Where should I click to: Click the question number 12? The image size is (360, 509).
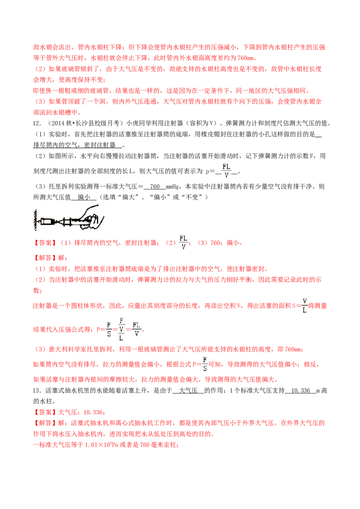click(37, 123)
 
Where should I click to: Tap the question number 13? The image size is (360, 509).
click(37, 390)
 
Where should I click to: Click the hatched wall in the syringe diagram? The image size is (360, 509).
click(35, 219)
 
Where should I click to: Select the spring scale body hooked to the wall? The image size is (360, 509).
click(45, 221)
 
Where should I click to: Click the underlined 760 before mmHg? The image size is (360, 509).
click(155, 186)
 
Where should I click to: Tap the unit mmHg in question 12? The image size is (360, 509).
click(172, 187)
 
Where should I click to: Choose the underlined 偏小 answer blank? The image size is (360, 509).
click(84, 197)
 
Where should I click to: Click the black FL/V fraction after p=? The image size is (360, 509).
click(226, 170)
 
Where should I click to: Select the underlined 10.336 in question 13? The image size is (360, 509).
click(301, 390)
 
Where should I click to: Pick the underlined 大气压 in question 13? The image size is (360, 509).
click(188, 390)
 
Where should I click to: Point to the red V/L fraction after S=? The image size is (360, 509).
click(305, 305)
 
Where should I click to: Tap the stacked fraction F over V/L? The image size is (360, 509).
click(121, 329)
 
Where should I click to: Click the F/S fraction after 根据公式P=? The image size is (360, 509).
click(205, 364)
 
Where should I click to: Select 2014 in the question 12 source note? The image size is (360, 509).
click(58, 123)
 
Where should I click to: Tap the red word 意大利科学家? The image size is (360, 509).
click(67, 349)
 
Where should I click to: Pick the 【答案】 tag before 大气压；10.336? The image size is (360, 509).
click(45, 412)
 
